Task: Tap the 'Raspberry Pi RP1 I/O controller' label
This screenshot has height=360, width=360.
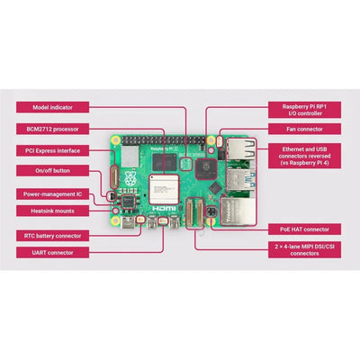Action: tap(306, 111)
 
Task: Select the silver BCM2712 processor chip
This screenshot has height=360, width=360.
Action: tap(164, 191)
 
